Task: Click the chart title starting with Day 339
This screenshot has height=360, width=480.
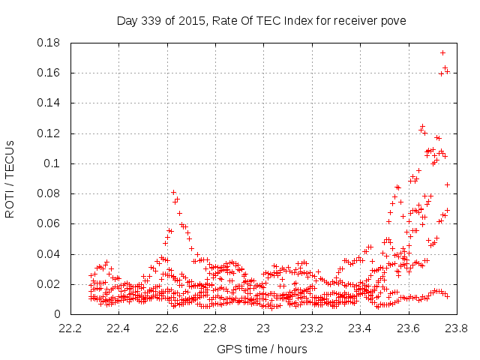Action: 261,20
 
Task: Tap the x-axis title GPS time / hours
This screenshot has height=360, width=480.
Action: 262,349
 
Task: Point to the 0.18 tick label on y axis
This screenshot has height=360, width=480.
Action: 49,43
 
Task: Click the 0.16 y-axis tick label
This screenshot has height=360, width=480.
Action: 49,73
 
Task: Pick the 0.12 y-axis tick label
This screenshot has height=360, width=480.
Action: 49,133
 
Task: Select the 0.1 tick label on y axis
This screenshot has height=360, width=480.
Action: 53,163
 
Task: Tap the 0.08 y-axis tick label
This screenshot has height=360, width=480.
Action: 49,193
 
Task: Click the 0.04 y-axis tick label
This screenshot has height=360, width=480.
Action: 49,254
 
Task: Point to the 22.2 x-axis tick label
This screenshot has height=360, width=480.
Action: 70,328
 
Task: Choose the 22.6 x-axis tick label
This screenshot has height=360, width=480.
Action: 166,328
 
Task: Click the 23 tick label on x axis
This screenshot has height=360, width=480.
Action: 263,328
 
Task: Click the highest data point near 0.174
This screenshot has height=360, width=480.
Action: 442,52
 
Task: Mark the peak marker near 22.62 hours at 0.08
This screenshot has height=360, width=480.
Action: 173,193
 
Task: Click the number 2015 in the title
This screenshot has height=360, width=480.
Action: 193,20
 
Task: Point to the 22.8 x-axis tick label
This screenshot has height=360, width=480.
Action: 215,328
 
